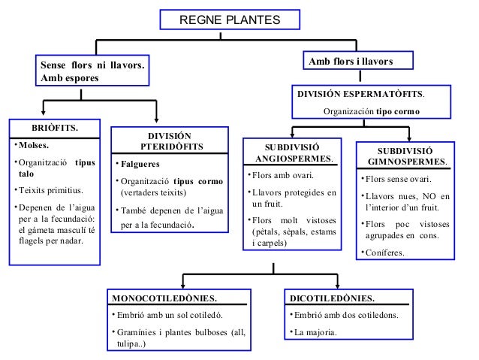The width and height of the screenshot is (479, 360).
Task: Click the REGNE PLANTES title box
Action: tap(230, 20)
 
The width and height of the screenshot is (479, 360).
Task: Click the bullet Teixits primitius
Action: tap(50, 191)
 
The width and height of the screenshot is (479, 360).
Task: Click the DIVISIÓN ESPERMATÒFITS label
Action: tap(360, 96)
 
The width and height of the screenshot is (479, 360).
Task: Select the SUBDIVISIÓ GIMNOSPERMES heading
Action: tap(409, 156)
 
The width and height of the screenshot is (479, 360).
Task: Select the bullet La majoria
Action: tap(316, 331)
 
